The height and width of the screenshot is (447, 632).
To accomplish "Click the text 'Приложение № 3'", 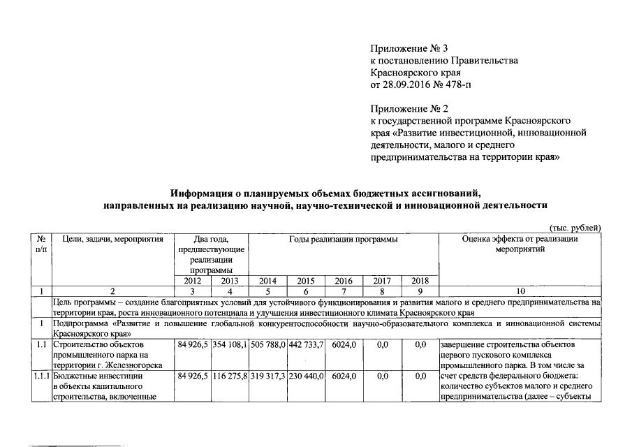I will tap(409, 48).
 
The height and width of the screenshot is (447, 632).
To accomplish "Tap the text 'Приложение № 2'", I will tap(409, 109).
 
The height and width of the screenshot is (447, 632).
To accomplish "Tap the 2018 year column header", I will tap(420, 281).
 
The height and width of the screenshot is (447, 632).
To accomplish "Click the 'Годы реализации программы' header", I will tap(344, 240).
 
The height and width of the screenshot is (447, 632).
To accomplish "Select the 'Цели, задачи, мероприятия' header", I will tap(112, 240).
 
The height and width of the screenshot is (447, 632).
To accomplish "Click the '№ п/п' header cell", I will tap(41, 244).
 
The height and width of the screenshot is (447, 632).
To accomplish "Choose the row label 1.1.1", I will tap(41, 376).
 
